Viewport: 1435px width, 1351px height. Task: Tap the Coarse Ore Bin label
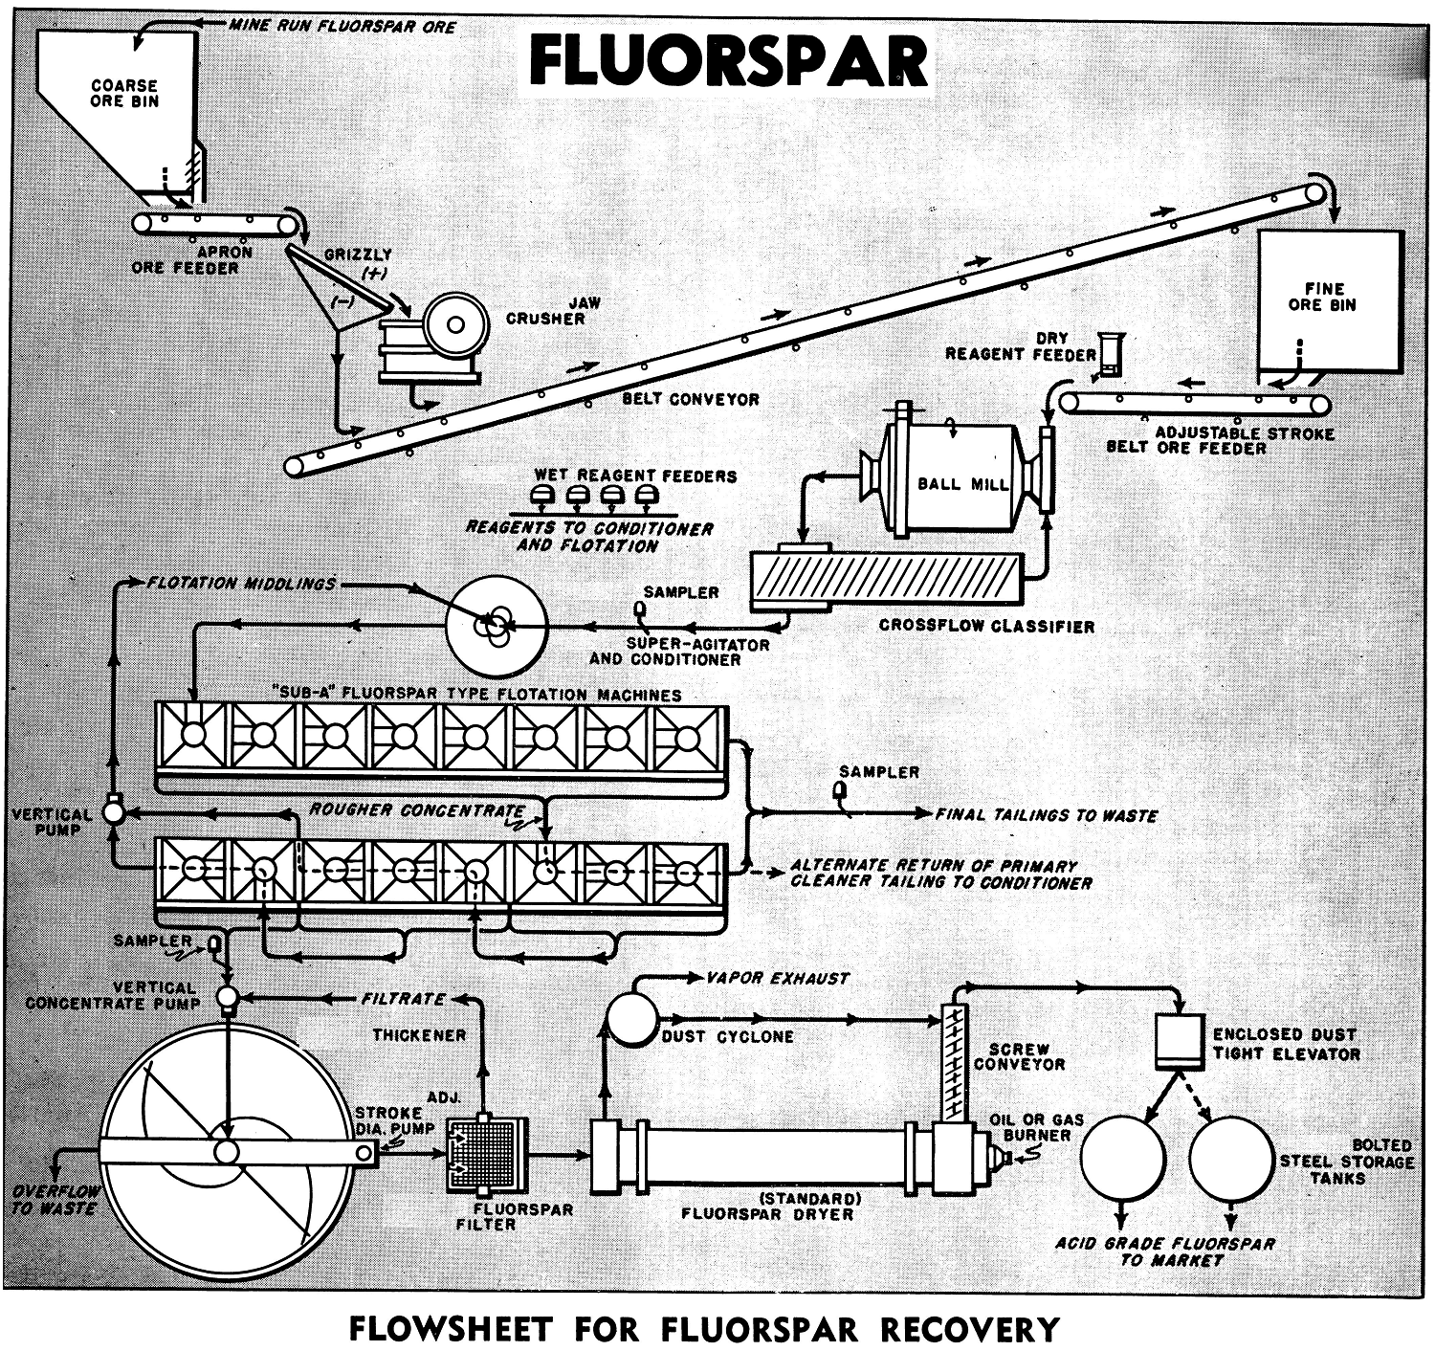(124, 93)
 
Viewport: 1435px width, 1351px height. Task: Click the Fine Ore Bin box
(1331, 301)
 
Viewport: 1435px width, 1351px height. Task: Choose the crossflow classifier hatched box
(887, 579)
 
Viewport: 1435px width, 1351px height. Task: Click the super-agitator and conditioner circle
(497, 627)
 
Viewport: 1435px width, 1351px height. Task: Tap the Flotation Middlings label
(241, 584)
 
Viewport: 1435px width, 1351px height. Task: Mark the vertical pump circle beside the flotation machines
(114, 812)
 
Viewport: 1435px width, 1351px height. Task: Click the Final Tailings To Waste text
(1047, 815)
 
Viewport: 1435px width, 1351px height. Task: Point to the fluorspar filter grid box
(486, 1156)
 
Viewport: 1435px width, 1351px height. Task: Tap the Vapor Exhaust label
(778, 979)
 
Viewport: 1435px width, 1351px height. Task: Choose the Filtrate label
(403, 999)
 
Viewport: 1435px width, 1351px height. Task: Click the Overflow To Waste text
(55, 1200)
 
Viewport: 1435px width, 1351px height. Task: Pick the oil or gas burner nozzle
(999, 1158)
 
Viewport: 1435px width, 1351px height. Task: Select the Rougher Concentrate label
(417, 810)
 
